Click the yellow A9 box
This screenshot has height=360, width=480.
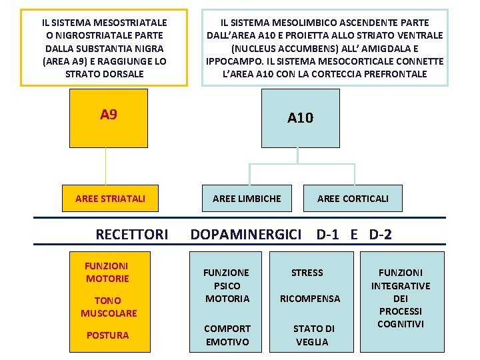109,118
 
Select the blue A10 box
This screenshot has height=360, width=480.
300,118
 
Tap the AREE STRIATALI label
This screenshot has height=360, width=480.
111,198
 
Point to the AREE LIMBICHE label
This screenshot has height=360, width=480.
247,198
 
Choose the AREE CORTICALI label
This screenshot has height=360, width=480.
353,198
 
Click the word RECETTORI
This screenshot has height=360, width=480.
132,234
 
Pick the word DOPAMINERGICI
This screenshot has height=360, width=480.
246,234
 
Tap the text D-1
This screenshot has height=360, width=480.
329,234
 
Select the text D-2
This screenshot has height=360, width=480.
380,234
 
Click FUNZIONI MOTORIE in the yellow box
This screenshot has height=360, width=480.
107,272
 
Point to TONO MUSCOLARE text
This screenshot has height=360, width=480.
109,307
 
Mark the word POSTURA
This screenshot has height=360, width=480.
107,335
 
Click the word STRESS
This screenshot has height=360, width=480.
307,273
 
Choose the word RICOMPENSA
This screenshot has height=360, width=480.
310,299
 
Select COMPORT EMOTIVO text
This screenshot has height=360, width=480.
227,335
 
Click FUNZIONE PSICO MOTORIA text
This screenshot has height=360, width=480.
227,285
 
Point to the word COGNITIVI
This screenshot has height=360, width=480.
401,324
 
